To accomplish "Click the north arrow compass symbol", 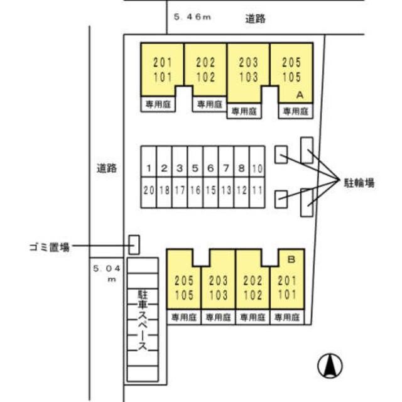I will [330, 365].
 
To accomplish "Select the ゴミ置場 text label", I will [47, 247].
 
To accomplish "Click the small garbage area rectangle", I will [134, 244].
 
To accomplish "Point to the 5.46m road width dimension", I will [191, 18].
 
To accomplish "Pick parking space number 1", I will [148, 168].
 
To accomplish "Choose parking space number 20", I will [148, 190].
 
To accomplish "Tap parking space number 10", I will [258, 168].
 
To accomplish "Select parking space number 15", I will [210, 190].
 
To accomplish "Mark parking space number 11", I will [258, 190].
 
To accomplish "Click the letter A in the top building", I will [300, 94].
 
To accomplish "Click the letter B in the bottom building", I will [291, 258].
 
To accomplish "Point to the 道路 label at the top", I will [255, 19].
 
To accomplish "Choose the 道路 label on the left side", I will [107, 168].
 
